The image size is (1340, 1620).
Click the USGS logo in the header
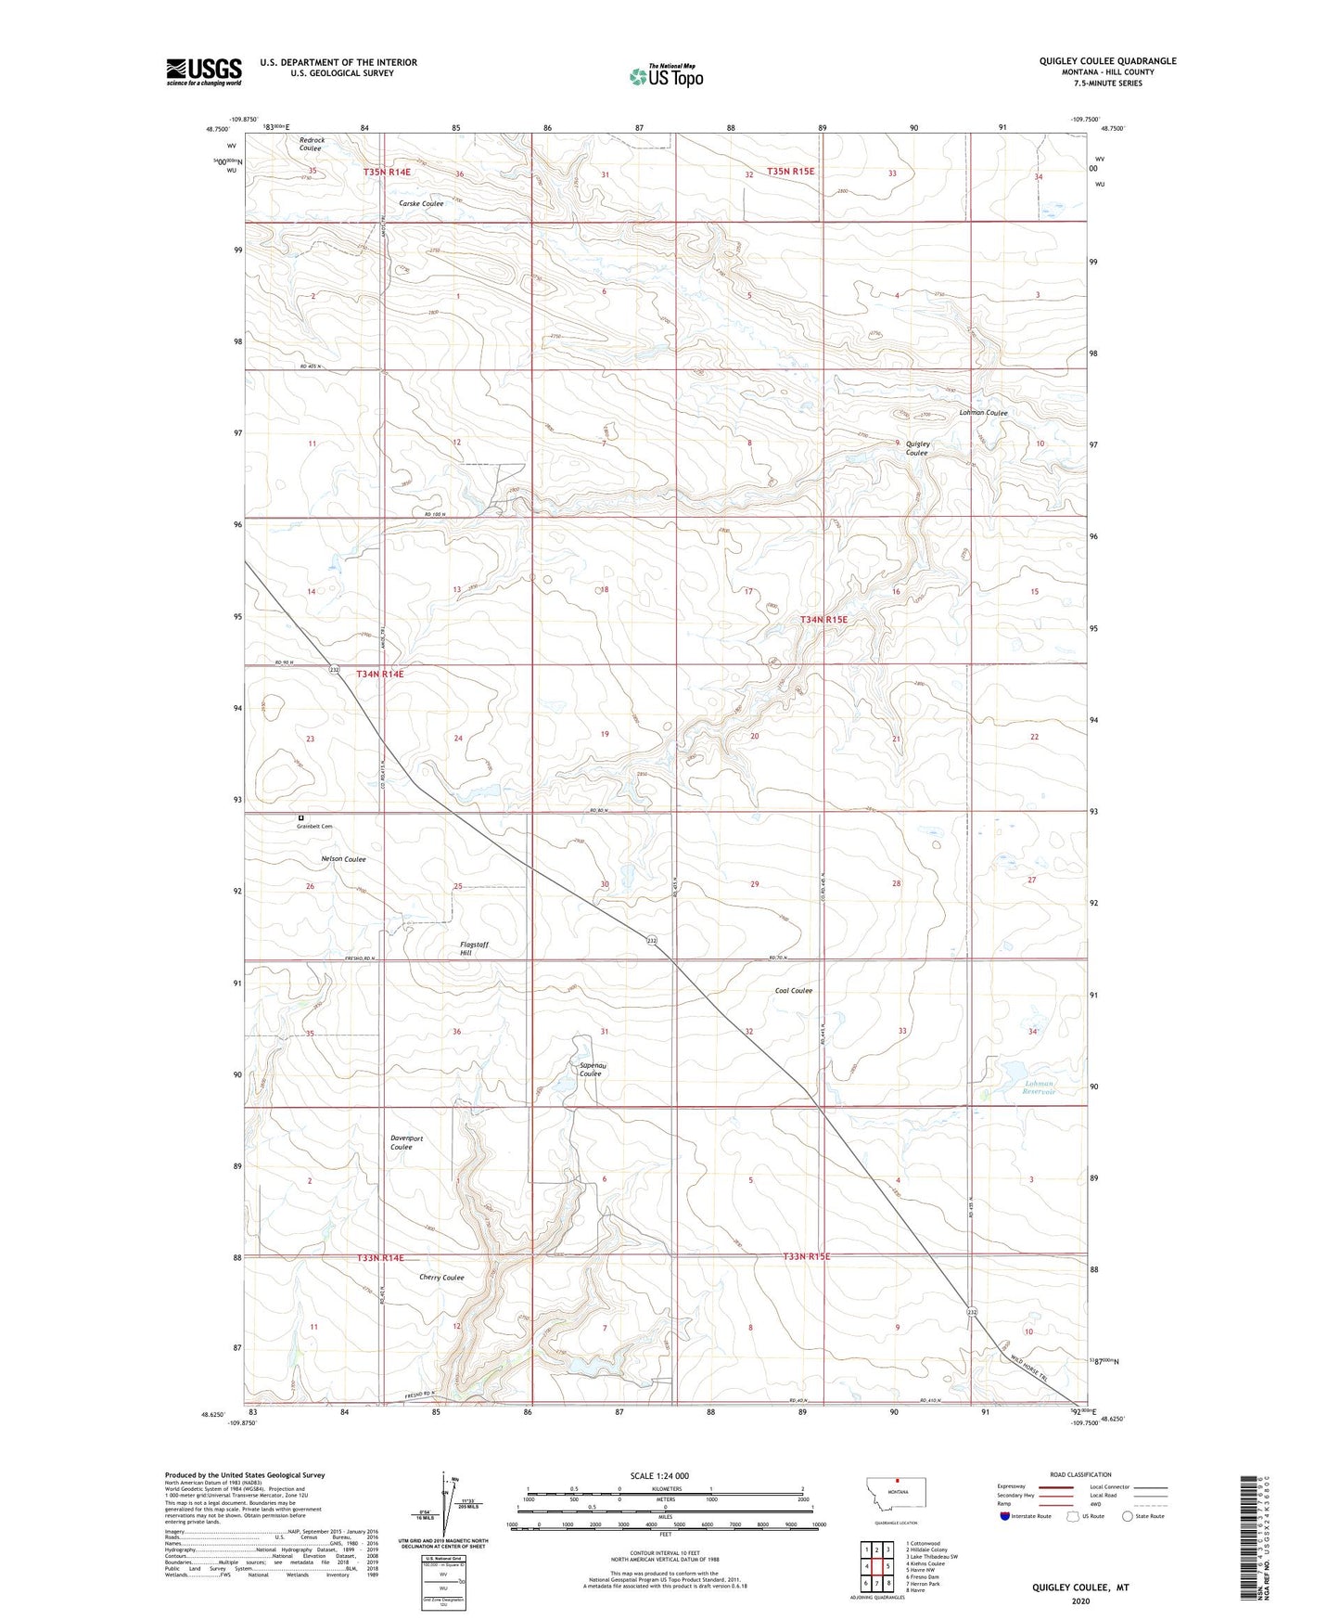pyautogui.click(x=204, y=71)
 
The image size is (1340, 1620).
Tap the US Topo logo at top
pyautogui.click(x=665, y=76)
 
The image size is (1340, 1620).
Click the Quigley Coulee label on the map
pyautogui.click(x=917, y=448)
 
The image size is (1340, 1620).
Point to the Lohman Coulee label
pyautogui.click(x=983, y=413)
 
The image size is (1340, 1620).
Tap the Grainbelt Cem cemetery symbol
pyautogui.click(x=300, y=817)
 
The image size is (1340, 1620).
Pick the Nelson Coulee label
pyautogui.click(x=342, y=859)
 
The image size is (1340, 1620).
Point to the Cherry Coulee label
pyautogui.click(x=441, y=1278)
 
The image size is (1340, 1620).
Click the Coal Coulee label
pyautogui.click(x=794, y=991)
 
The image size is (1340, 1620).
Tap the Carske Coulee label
pyautogui.click(x=421, y=203)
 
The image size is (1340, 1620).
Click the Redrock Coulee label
pyautogui.click(x=312, y=145)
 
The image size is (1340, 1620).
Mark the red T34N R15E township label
pyautogui.click(x=823, y=619)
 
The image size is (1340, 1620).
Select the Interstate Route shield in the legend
pyautogui.click(x=1006, y=1516)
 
